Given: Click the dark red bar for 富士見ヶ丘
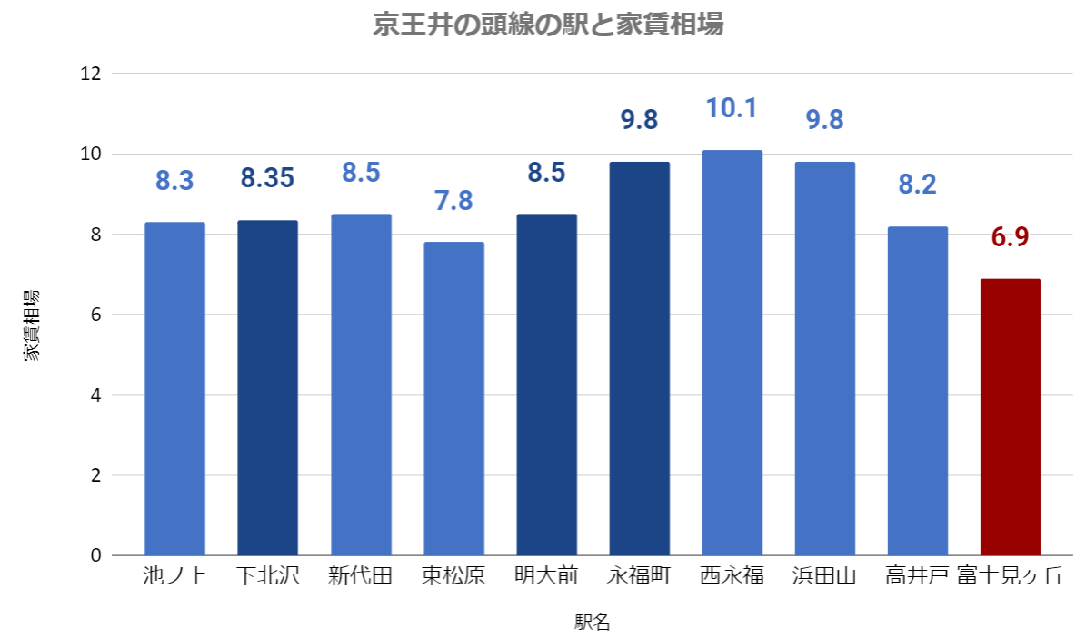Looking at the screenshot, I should click(x=1010, y=417).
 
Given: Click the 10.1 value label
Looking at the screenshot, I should click(x=732, y=109).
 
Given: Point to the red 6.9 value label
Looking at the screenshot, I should click(x=1010, y=238).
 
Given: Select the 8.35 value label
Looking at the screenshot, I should click(x=267, y=178).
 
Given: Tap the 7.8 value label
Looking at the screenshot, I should click(x=453, y=200).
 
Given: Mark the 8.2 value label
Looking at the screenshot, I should click(x=917, y=185).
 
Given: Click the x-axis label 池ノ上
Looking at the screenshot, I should click(x=174, y=576).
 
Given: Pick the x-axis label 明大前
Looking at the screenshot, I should click(x=546, y=576).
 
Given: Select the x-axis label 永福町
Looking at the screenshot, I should click(x=639, y=576).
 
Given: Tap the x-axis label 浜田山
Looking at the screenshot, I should click(x=824, y=576).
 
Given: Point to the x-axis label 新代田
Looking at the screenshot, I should click(x=360, y=576).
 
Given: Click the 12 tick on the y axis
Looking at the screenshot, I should click(x=90, y=74).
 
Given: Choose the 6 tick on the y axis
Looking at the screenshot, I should click(x=95, y=315).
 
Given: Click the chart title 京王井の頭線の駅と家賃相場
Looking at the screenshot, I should click(x=548, y=25).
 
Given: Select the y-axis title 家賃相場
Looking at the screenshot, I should click(x=32, y=325).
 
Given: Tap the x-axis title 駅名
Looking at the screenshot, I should click(x=592, y=623).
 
